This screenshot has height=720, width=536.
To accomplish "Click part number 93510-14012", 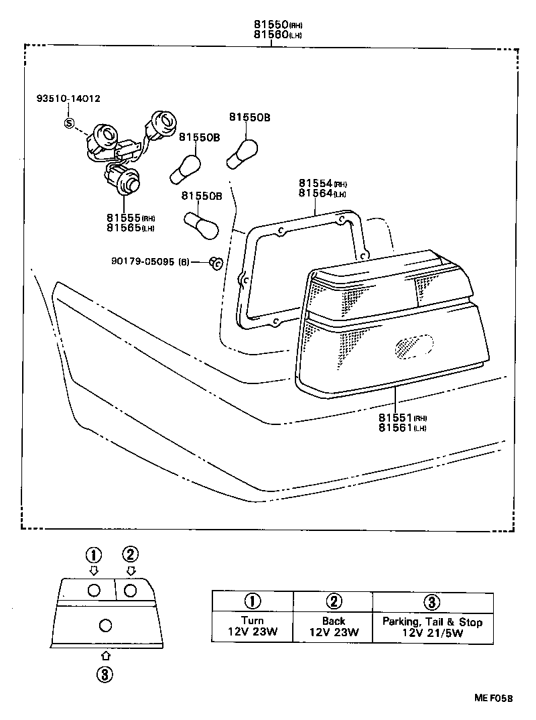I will [x=68, y=99].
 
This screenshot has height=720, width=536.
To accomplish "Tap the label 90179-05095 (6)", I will [x=151, y=261].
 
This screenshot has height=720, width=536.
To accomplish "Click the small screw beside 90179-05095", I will [x=215, y=263].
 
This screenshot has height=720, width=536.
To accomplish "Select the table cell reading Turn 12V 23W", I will [x=253, y=627].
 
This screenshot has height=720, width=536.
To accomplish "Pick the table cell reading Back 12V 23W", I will [x=333, y=627].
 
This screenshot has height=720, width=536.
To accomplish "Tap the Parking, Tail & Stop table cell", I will [x=432, y=627].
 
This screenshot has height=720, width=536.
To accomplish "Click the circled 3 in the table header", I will [x=432, y=601].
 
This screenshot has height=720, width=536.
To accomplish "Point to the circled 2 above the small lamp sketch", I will [x=130, y=554].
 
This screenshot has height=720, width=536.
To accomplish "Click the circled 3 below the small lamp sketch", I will [x=105, y=674].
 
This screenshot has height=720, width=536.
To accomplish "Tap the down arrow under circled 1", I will [x=94, y=571].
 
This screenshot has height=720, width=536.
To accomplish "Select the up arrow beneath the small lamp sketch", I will [x=105, y=656].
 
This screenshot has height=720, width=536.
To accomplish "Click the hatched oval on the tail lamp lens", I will [x=410, y=345].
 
